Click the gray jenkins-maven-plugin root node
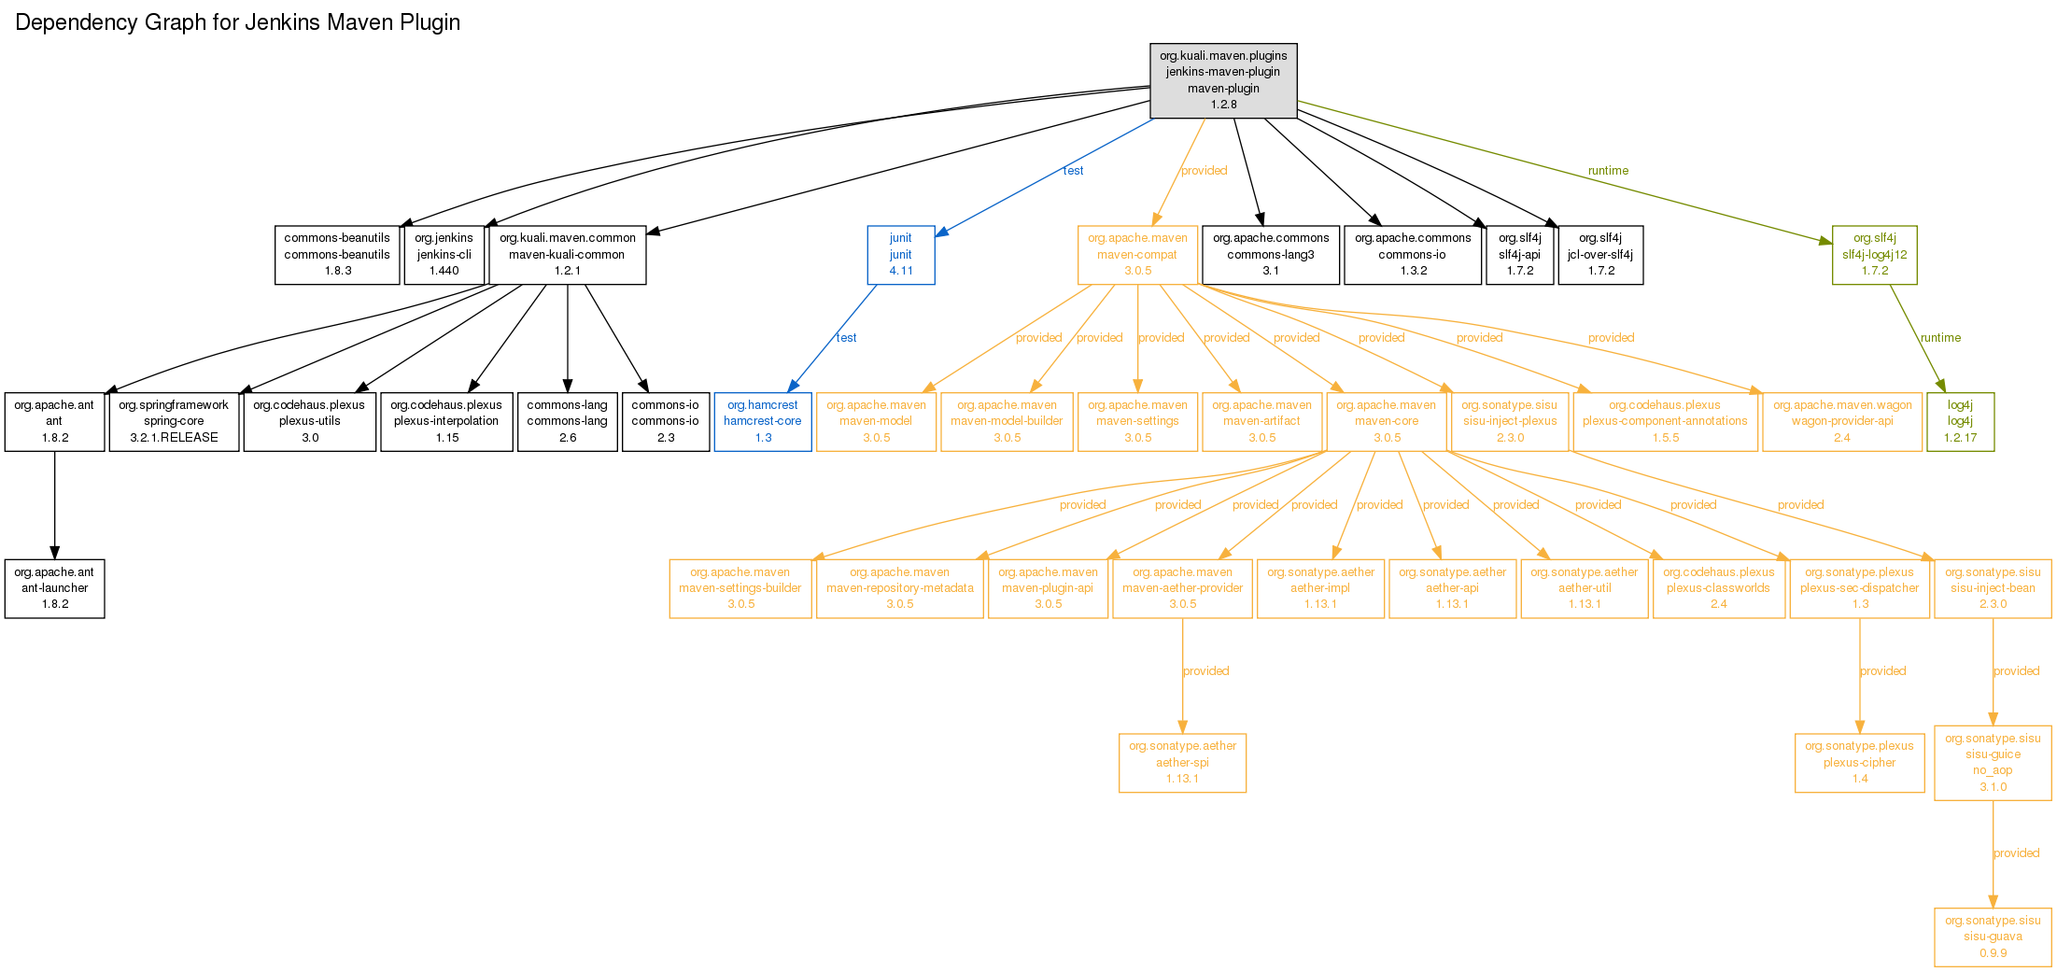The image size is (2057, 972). (1223, 80)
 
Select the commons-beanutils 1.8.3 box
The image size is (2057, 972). (337, 255)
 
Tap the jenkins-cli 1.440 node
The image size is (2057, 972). (444, 255)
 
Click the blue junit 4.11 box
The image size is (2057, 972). (901, 255)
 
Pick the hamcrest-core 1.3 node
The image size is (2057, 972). (763, 421)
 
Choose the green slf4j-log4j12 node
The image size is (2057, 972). (1875, 255)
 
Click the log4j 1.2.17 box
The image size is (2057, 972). (1961, 421)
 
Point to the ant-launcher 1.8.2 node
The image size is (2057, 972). (55, 588)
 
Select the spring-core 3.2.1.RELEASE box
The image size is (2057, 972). (174, 421)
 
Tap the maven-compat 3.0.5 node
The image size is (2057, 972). (1137, 255)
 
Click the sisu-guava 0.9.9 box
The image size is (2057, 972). (1993, 937)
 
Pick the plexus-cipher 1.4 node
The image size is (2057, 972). (1860, 763)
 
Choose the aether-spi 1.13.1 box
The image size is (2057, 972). (1182, 763)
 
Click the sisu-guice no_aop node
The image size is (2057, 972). (1993, 763)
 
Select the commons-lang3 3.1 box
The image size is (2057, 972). (1271, 255)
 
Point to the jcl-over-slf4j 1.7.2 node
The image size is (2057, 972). (1600, 255)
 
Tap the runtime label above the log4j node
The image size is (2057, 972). (1940, 338)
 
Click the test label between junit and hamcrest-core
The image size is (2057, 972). (846, 338)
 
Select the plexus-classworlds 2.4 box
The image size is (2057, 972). (1718, 588)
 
